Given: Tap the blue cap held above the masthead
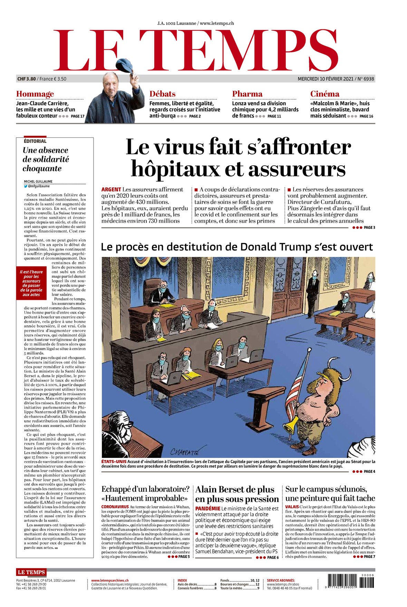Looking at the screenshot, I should (x=125, y=65).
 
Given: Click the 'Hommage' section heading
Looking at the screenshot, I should (x=35, y=94).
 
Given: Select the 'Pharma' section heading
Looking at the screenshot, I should (x=247, y=94).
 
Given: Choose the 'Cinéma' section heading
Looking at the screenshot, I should (x=324, y=94).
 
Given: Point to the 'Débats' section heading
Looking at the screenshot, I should (x=162, y=94).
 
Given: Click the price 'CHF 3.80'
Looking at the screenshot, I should (x=27, y=79).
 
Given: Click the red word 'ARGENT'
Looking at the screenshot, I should (x=111, y=189).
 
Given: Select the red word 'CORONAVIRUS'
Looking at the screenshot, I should (x=115, y=507).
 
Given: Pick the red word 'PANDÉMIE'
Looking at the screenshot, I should (x=208, y=508).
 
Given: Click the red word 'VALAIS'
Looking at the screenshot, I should (x=292, y=507).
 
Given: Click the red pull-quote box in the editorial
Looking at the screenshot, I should (x=31, y=283).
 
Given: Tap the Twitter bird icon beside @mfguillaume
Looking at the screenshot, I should (x=26, y=186).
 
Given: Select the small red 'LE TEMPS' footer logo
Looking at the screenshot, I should (x=31, y=572).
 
